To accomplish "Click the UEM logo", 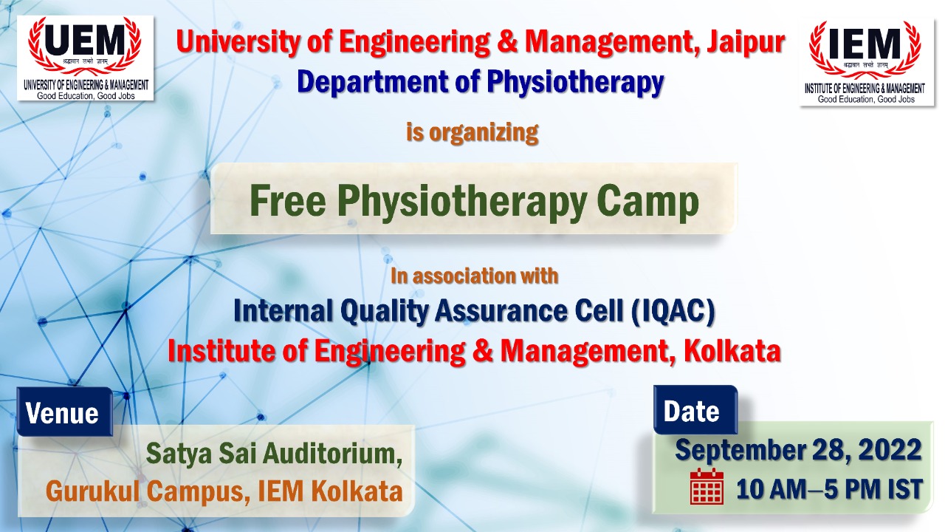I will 86,58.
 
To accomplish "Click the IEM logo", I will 866,63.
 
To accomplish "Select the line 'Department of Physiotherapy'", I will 480,82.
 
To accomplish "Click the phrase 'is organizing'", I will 472,133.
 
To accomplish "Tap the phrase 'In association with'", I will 474,276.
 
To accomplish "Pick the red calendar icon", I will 707,487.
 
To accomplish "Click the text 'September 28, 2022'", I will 798,450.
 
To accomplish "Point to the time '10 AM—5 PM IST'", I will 829,489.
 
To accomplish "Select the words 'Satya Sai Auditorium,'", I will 274,453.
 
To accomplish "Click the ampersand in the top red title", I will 506,44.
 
